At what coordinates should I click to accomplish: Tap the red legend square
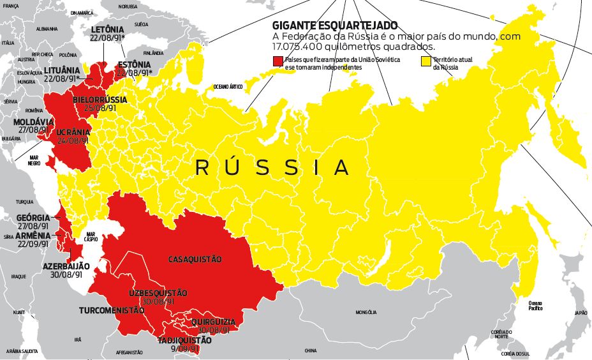277,61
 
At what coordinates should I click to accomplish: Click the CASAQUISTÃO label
195,259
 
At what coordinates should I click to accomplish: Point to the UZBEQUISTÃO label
158,293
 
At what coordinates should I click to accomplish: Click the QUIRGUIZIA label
212,322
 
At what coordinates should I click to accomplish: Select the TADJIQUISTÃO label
184,341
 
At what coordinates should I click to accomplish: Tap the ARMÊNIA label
32,236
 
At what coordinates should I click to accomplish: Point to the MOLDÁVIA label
33,121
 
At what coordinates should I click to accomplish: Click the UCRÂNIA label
73,132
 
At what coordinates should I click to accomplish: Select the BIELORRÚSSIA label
100,100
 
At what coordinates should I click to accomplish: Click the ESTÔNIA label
135,65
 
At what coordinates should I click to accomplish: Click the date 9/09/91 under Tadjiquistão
184,350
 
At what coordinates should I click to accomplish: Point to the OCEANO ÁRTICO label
229,86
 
